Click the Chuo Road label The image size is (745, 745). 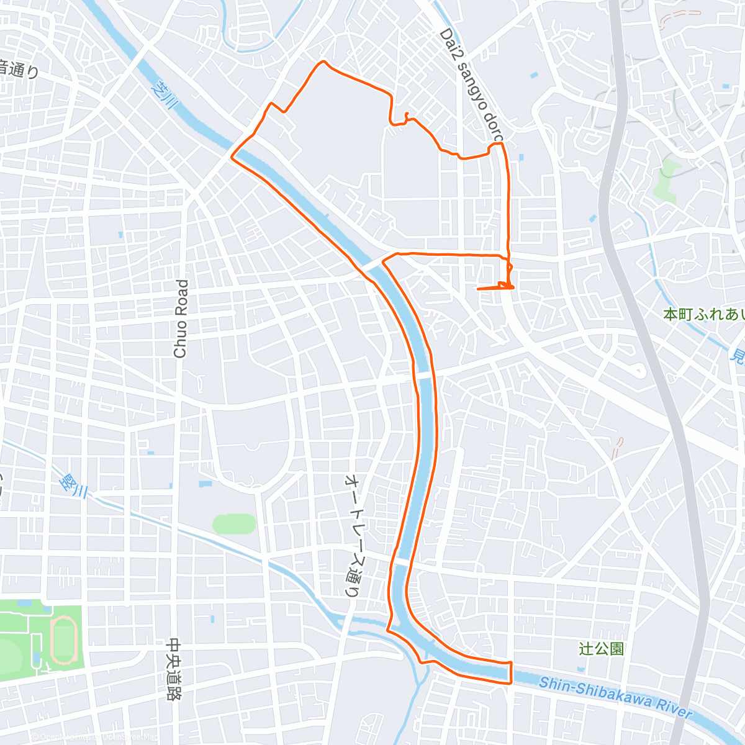(181, 318)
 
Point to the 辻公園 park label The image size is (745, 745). (601, 649)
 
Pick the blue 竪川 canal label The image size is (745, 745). (74, 486)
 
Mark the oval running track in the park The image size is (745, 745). (63, 639)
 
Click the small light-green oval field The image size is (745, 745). (234, 524)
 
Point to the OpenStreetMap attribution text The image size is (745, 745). (93, 738)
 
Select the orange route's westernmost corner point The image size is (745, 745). (232, 157)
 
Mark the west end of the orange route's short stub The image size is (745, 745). (477, 289)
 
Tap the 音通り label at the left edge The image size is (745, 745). (19, 70)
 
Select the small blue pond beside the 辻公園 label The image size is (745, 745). (581, 669)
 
